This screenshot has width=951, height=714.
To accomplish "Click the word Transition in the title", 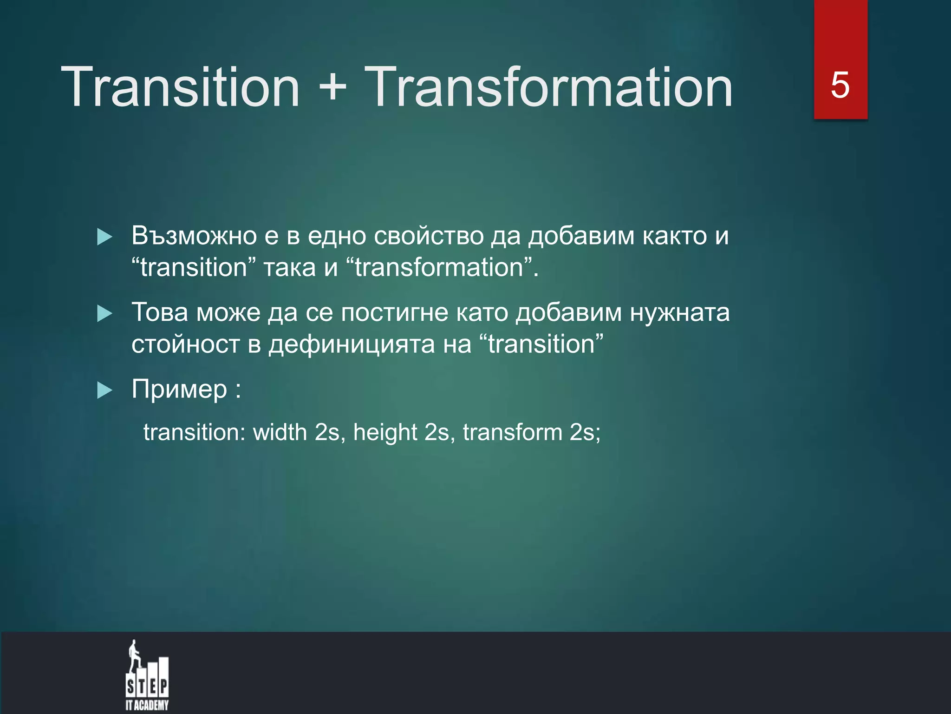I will tap(180, 87).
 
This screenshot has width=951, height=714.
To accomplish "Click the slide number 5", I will tap(840, 85).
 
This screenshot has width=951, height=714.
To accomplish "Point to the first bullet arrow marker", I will tap(104, 237).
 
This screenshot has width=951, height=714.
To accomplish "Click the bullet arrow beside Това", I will tap(104, 314).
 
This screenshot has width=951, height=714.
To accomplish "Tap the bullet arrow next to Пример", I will tap(104, 390).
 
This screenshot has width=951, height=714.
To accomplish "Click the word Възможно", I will tap(194, 236).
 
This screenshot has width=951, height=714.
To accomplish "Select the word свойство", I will tap(429, 236).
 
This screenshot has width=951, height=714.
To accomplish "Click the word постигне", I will tap(395, 312).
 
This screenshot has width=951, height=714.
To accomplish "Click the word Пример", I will tap(179, 390).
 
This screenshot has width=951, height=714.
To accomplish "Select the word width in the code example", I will tap(280, 432).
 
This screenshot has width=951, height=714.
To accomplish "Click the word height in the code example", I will tap(385, 432).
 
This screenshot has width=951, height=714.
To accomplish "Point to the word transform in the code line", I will tap(512, 432).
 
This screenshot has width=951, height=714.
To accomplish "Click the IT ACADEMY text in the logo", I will tap(147, 705).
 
